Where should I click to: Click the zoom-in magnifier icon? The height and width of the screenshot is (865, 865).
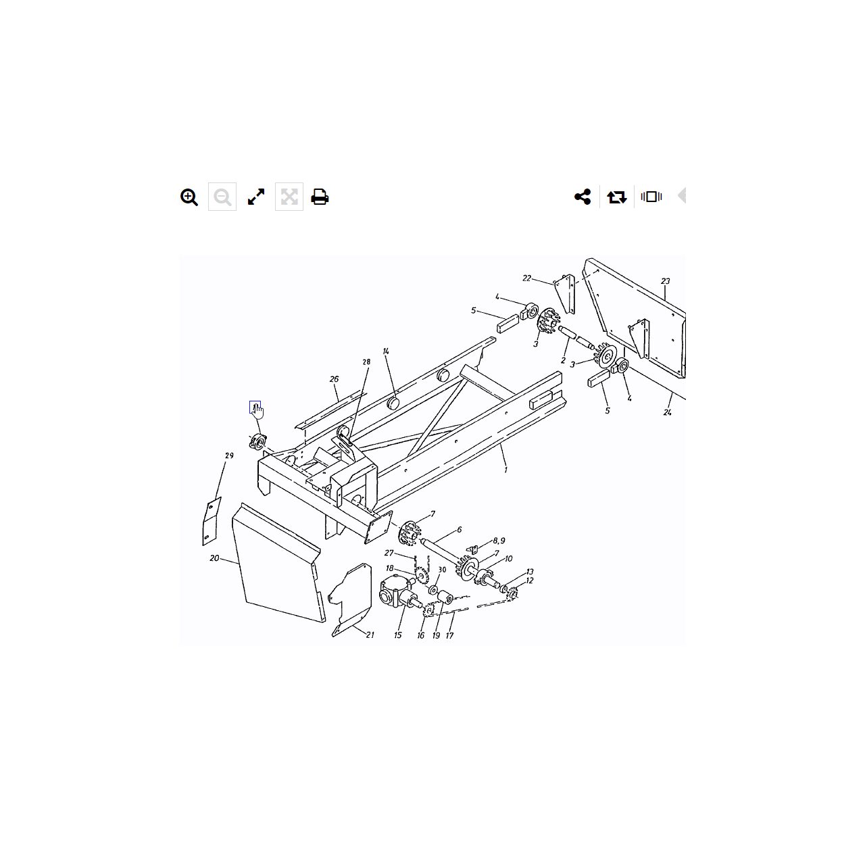[189, 197]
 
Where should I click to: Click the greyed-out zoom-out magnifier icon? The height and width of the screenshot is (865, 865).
[222, 197]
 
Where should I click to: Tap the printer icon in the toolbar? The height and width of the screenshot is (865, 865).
[320, 197]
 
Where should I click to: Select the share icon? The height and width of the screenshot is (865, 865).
[583, 197]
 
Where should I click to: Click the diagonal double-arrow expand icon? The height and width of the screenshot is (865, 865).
[256, 197]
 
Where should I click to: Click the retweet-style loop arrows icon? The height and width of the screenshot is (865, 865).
[617, 197]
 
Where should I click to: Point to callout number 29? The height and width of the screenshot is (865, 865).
[229, 455]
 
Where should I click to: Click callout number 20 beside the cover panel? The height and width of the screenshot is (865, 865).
[215, 558]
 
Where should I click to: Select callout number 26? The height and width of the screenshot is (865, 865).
[334, 379]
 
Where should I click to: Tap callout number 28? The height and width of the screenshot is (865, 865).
[366, 362]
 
